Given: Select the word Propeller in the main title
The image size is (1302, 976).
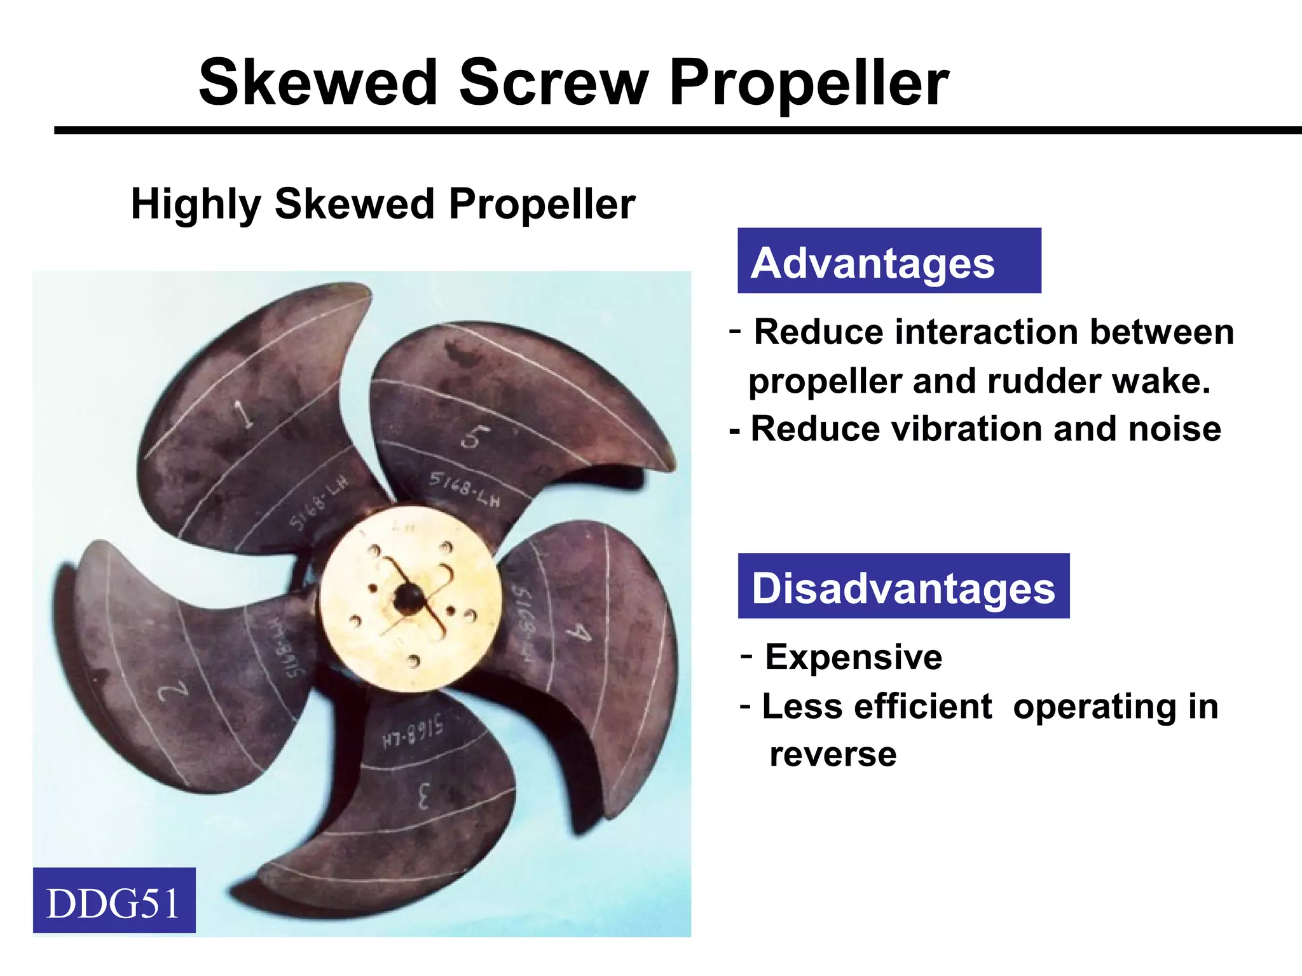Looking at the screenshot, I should pyautogui.click(x=809, y=85).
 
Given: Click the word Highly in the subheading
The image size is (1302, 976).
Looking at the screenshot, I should pyautogui.click(x=196, y=205).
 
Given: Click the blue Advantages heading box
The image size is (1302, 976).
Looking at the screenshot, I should pyautogui.click(x=889, y=261).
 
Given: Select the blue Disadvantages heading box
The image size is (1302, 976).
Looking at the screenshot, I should pyautogui.click(x=903, y=586).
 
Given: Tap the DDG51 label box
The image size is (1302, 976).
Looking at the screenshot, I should pyautogui.click(x=114, y=900).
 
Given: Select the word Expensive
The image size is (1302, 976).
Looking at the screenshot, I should pyautogui.click(x=853, y=657).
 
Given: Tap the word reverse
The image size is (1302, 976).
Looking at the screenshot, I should pyautogui.click(x=833, y=754).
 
